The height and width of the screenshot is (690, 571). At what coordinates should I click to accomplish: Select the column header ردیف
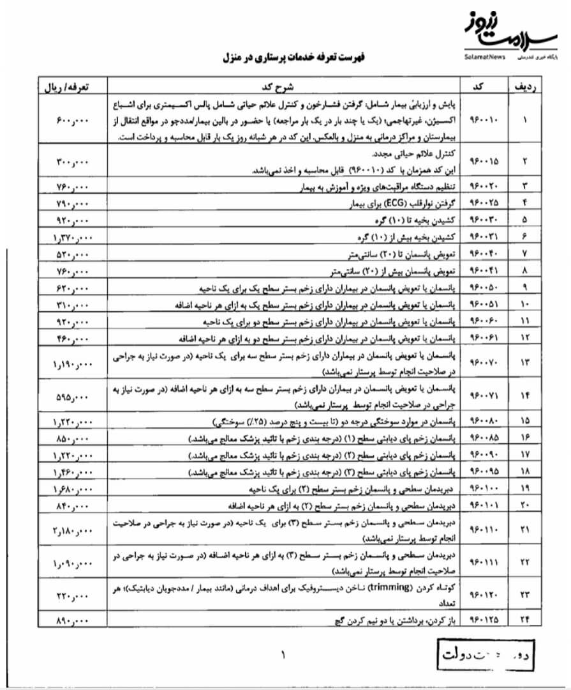(524, 86)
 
